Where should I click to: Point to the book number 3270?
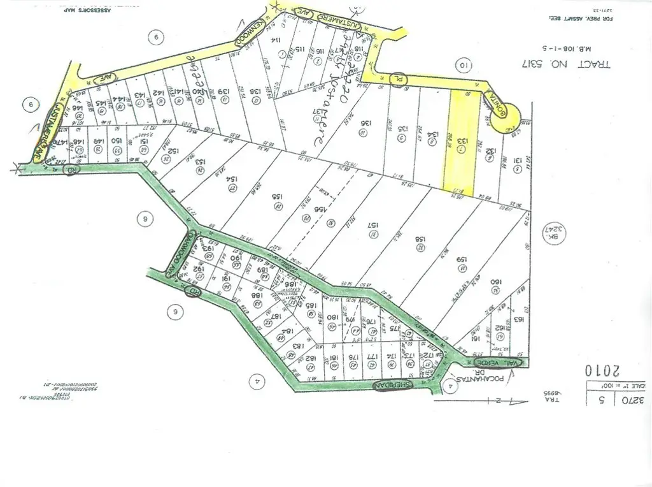click(x=631, y=401)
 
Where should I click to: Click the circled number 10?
click(x=464, y=64)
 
